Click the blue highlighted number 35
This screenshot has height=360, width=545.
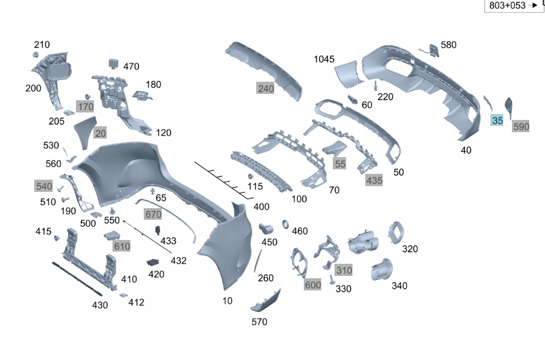tap(497, 121)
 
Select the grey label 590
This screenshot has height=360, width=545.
tap(521, 126)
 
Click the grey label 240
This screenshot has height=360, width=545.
tap(266, 88)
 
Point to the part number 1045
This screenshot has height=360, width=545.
tap(324, 59)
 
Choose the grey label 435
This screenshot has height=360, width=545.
tap(374, 180)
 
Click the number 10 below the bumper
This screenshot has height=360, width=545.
tap(227, 301)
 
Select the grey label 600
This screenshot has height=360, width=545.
tap(313, 285)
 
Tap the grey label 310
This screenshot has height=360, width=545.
tap(344, 270)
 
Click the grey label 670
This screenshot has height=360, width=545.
tap(153, 214)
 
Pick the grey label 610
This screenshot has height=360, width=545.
tap(122, 246)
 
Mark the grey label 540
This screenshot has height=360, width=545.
tap(44, 186)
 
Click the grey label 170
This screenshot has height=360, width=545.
tap(85, 107)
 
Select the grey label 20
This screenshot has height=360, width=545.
tap(100, 133)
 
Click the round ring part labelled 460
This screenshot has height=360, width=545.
tap(286, 224)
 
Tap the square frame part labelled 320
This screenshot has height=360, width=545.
tap(397, 232)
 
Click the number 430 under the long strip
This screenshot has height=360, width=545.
tap(100, 305)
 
